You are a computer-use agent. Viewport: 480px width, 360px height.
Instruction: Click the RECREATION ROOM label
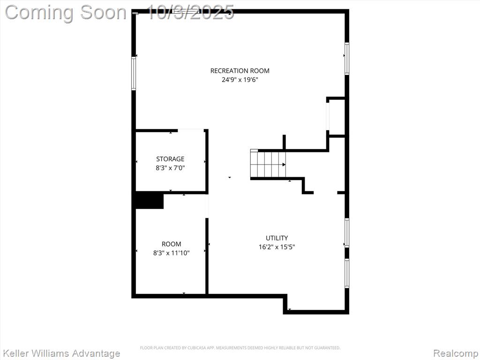240,71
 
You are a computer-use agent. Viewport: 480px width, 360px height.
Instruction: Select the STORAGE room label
170,159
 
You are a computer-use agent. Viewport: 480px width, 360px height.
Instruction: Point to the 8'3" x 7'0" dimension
170,168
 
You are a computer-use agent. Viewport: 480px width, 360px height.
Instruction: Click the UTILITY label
277,238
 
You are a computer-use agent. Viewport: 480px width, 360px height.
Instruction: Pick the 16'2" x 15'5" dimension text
277,247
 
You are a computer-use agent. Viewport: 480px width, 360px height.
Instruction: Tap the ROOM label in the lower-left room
172,244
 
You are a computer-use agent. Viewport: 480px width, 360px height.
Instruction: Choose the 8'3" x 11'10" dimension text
172,253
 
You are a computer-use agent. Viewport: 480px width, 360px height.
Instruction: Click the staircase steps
268,165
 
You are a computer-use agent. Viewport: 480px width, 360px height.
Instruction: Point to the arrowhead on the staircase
284,165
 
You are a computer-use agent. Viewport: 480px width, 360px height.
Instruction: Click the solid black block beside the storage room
150,200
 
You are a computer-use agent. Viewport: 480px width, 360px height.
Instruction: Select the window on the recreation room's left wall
134,74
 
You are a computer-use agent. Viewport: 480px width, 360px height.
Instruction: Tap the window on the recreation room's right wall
347,59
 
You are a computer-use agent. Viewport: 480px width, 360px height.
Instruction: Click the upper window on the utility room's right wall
347,232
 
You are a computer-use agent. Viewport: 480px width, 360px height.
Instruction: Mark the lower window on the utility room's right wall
347,273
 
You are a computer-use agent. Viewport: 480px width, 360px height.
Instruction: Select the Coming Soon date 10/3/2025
191,12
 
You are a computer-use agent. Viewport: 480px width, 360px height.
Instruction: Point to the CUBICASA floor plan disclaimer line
240,348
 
